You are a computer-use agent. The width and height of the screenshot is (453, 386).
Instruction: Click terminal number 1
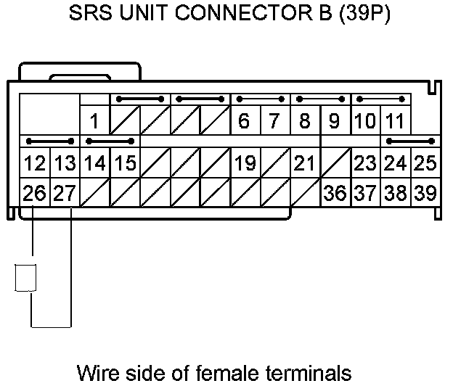pos(95,120)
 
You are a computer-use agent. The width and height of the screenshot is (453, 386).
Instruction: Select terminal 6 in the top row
pos(245,120)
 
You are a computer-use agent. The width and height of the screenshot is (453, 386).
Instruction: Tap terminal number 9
pos(334,120)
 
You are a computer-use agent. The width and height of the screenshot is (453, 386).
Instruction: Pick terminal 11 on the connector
pos(394,120)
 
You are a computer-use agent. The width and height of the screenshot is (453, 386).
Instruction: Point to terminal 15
pos(125,163)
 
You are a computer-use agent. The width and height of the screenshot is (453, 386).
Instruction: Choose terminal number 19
pos(245,163)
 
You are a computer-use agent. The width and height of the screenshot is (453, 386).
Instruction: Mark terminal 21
pos(305,163)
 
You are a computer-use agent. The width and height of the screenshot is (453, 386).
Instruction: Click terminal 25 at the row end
pos(425,163)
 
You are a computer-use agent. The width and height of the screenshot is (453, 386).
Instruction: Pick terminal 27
pos(64,193)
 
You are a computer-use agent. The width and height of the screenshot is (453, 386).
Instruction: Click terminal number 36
pos(335,193)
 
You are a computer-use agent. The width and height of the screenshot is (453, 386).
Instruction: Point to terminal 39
pos(425,193)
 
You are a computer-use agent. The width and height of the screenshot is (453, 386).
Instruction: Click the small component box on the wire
pos(26,278)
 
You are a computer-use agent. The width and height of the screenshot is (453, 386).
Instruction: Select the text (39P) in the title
pos(365,14)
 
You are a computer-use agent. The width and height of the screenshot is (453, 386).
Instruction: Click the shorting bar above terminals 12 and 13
pos(49,141)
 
